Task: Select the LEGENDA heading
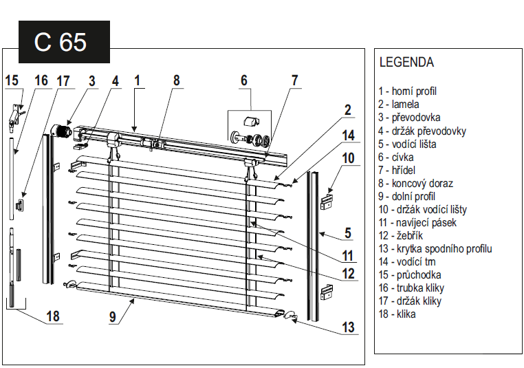click(406, 63)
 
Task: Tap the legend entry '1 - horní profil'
click(407, 91)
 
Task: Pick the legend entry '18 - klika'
click(397, 314)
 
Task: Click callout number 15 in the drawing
click(12, 80)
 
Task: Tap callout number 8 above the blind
click(176, 80)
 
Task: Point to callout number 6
click(243, 80)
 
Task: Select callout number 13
click(349, 327)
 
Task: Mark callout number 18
click(53, 316)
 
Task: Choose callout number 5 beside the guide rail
click(348, 232)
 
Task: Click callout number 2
click(348, 109)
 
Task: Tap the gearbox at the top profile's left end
click(63, 131)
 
